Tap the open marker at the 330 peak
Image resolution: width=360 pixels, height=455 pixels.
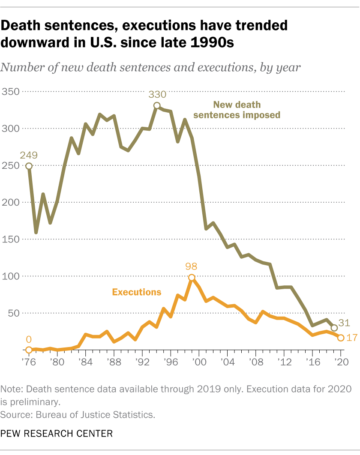157,105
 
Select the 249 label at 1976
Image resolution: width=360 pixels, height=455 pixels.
28,155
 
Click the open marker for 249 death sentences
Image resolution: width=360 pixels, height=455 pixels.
29,166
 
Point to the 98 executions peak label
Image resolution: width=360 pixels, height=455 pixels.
191,266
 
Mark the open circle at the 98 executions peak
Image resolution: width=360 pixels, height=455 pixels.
192,278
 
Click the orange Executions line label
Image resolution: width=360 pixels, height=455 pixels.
137,292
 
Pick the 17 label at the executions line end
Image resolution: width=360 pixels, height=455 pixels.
351,338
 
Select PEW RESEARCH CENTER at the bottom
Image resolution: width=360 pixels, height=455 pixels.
57,434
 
